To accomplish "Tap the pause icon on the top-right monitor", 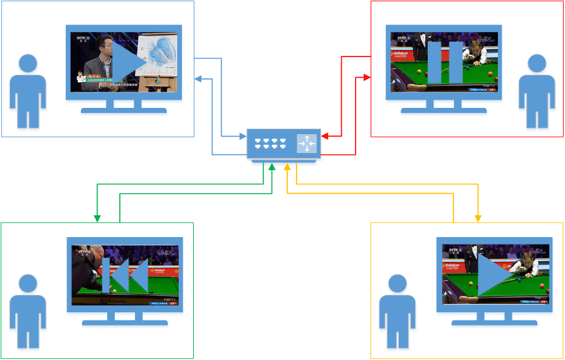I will [445, 62].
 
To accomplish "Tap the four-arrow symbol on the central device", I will [307, 144].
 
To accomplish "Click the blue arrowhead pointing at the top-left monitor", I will [198, 79].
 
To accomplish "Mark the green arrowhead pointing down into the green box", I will [97, 218].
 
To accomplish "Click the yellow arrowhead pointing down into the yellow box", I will [478, 218].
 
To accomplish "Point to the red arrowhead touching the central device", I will [324, 135].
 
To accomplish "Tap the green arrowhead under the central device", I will [272, 167].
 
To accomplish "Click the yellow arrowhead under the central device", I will [287, 167].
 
